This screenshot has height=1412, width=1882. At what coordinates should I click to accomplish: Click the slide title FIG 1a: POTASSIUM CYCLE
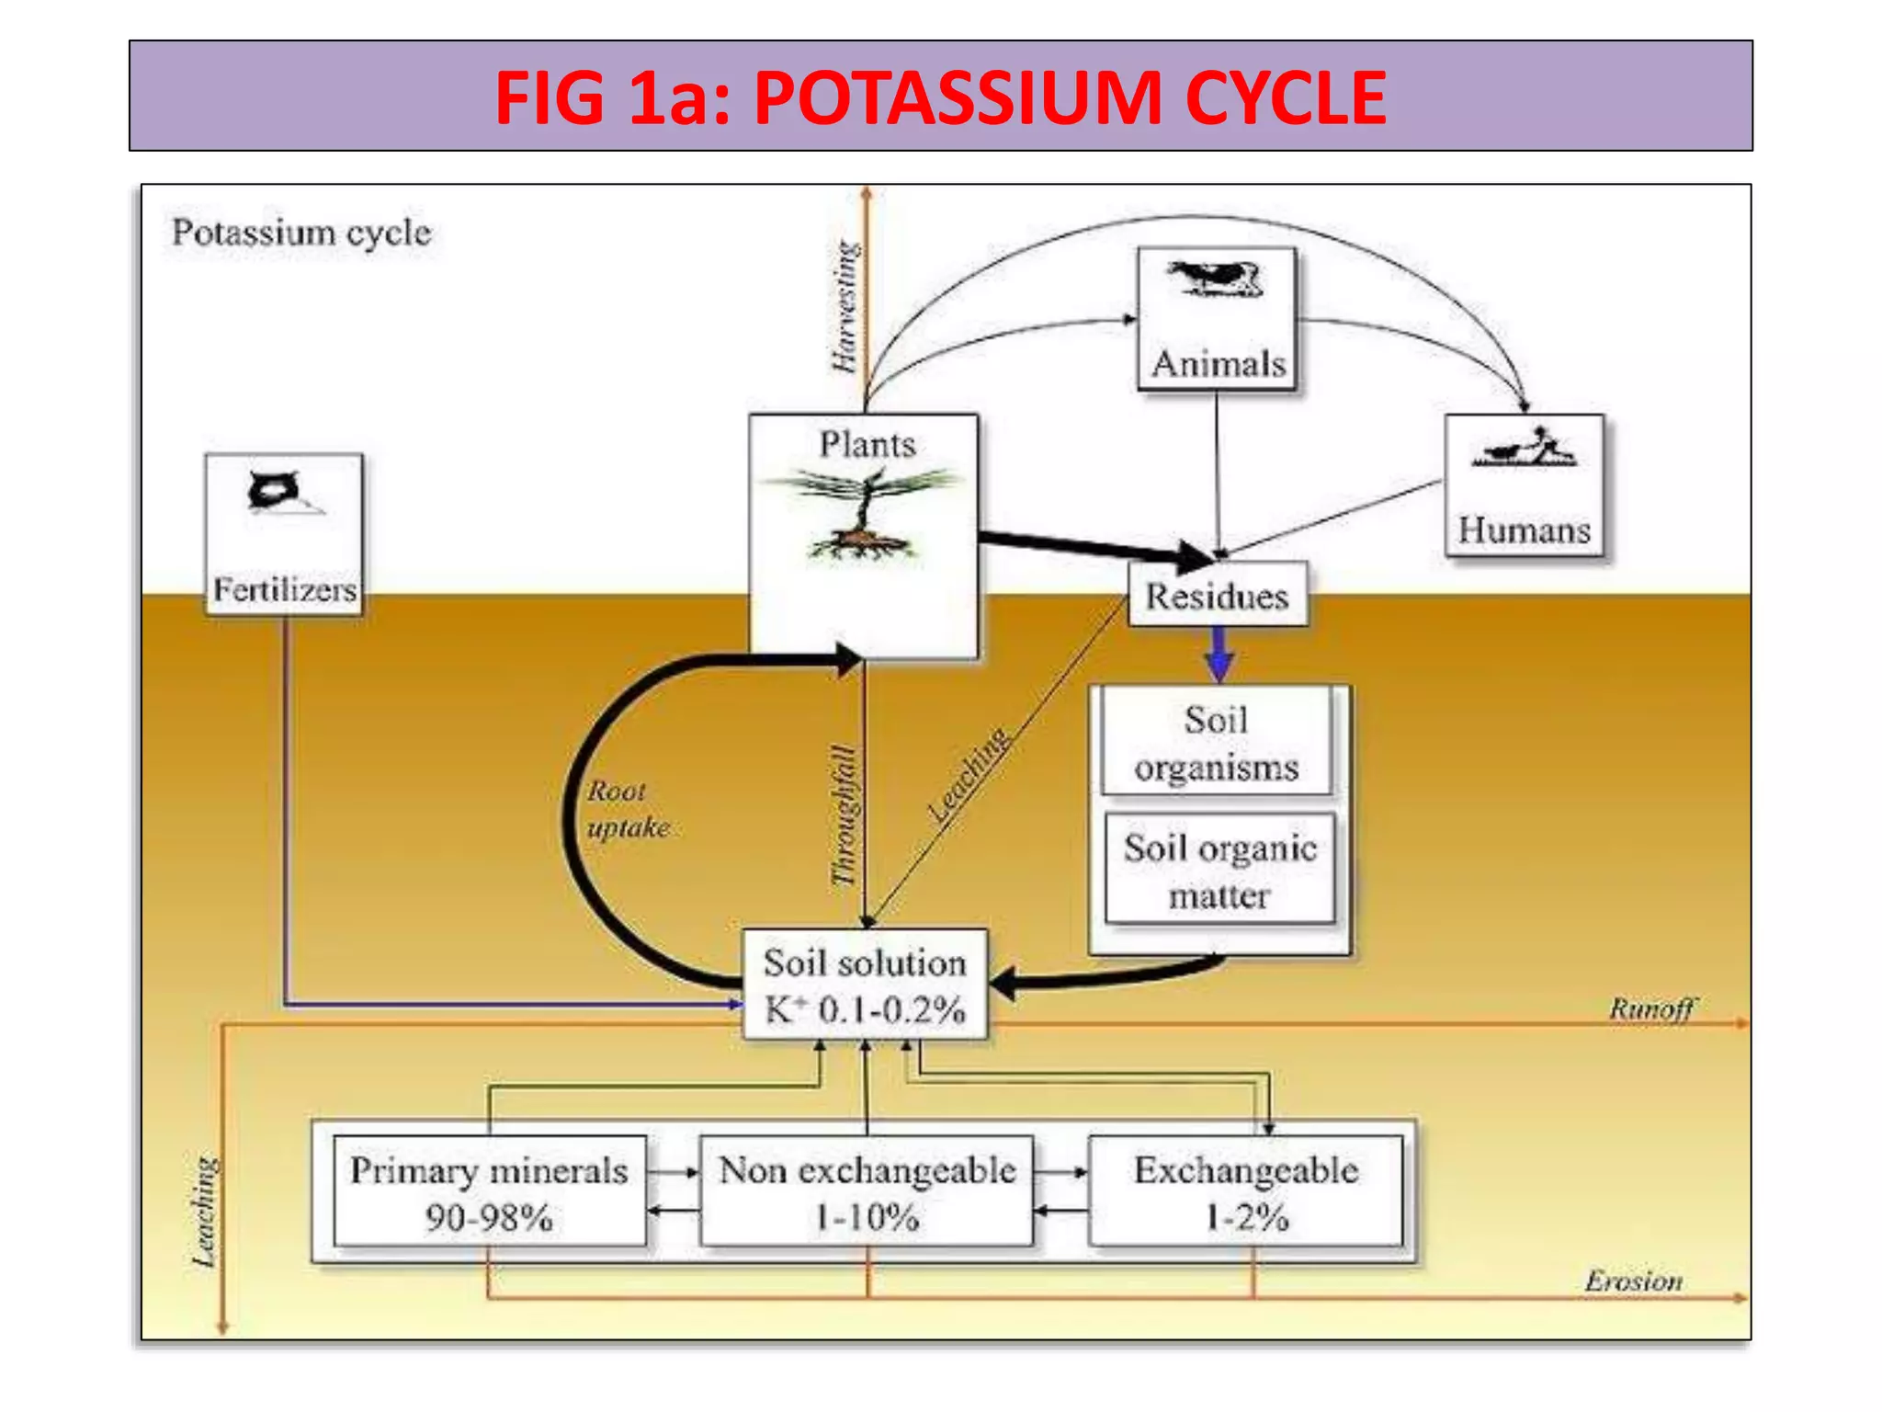point(940,97)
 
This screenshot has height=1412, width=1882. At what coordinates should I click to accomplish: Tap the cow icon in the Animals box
point(1215,279)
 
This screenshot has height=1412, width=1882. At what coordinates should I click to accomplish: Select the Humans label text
point(1524,530)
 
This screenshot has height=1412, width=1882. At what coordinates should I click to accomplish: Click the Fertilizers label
point(285,589)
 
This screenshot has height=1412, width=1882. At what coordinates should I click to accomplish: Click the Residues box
point(1217,597)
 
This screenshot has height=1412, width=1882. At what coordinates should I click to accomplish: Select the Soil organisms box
point(1216,743)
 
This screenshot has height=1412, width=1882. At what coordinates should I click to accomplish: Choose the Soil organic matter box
point(1219,870)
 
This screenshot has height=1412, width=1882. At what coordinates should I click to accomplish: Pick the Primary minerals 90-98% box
point(489,1192)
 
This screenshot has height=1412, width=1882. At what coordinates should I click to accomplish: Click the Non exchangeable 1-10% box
point(867,1192)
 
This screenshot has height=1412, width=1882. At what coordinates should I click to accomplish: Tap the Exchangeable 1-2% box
point(1246,1192)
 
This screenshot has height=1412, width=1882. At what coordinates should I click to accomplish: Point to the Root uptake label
point(627,809)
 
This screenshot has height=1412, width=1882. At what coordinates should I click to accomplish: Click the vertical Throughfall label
point(844,816)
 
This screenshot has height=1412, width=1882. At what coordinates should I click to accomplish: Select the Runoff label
point(1651,1008)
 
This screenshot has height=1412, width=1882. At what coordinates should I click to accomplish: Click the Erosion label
point(1633,1281)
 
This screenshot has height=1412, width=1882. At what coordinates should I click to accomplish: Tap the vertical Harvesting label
point(845,307)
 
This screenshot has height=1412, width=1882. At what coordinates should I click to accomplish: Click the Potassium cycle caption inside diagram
point(301,233)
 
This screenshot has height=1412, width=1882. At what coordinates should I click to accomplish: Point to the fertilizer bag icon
point(274,491)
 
